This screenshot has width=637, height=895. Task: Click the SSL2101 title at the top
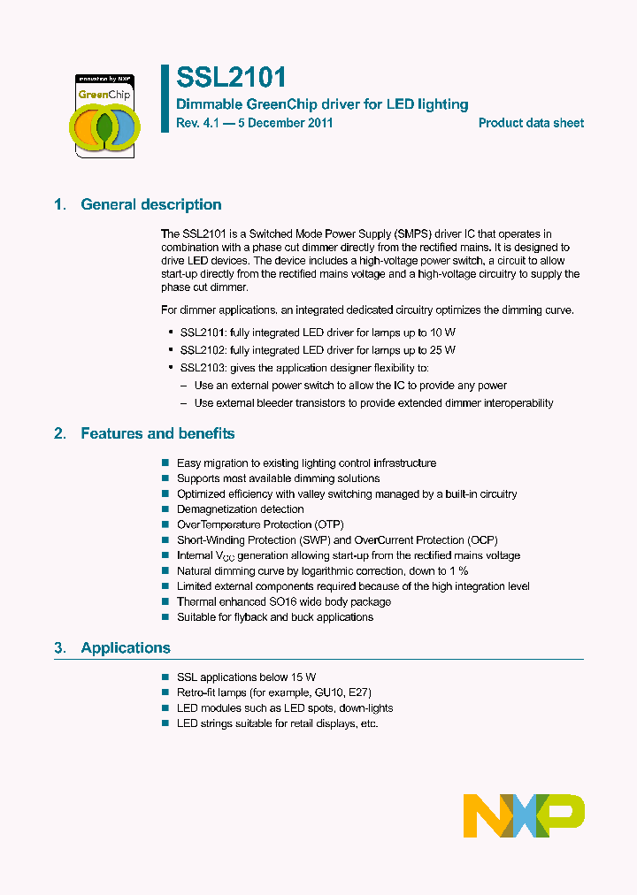click(230, 79)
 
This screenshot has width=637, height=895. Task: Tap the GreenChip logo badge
click(104, 114)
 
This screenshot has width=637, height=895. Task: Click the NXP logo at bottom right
click(524, 815)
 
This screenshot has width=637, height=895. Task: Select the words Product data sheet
click(531, 124)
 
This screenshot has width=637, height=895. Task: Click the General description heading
click(150, 205)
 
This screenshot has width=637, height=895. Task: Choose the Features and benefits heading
click(157, 434)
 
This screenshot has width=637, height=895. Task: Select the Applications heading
click(125, 648)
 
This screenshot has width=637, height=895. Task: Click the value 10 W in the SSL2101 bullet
click(441, 333)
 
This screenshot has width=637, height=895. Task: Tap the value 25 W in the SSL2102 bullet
click(441, 350)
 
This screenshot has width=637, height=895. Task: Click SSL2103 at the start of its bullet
click(202, 368)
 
